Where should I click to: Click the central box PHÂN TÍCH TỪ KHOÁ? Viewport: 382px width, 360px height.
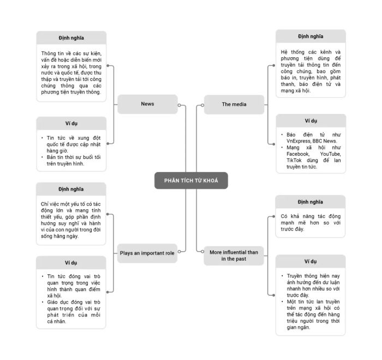tap(191, 180)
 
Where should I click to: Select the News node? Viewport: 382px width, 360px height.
tap(147, 104)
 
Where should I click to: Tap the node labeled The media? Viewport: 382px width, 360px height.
tap(234, 105)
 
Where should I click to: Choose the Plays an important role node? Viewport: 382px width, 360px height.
tap(147, 253)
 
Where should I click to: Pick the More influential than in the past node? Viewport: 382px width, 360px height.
tap(234, 256)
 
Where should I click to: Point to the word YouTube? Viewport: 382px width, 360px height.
tap(330, 154)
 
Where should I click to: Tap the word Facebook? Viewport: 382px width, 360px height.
tap(298, 154)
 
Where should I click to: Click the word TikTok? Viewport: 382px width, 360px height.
tap(294, 160)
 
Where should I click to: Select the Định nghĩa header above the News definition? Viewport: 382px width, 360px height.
tap(71, 38)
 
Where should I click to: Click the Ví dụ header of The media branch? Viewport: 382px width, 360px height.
tap(311, 121)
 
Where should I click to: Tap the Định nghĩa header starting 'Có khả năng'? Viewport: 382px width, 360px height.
tap(310, 202)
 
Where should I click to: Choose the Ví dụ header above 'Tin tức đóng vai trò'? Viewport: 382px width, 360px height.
tap(71, 263)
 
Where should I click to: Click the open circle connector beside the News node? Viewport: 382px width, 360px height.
tap(180, 105)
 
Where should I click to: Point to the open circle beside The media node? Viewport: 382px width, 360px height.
tap(202, 105)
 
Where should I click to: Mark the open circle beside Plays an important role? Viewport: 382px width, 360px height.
tap(179, 251)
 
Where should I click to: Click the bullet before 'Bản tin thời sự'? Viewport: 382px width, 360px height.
tap(42, 157)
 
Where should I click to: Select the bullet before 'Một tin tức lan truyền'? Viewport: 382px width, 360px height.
tap(282, 302)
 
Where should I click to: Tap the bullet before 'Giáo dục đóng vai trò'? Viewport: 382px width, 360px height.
tap(43, 302)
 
